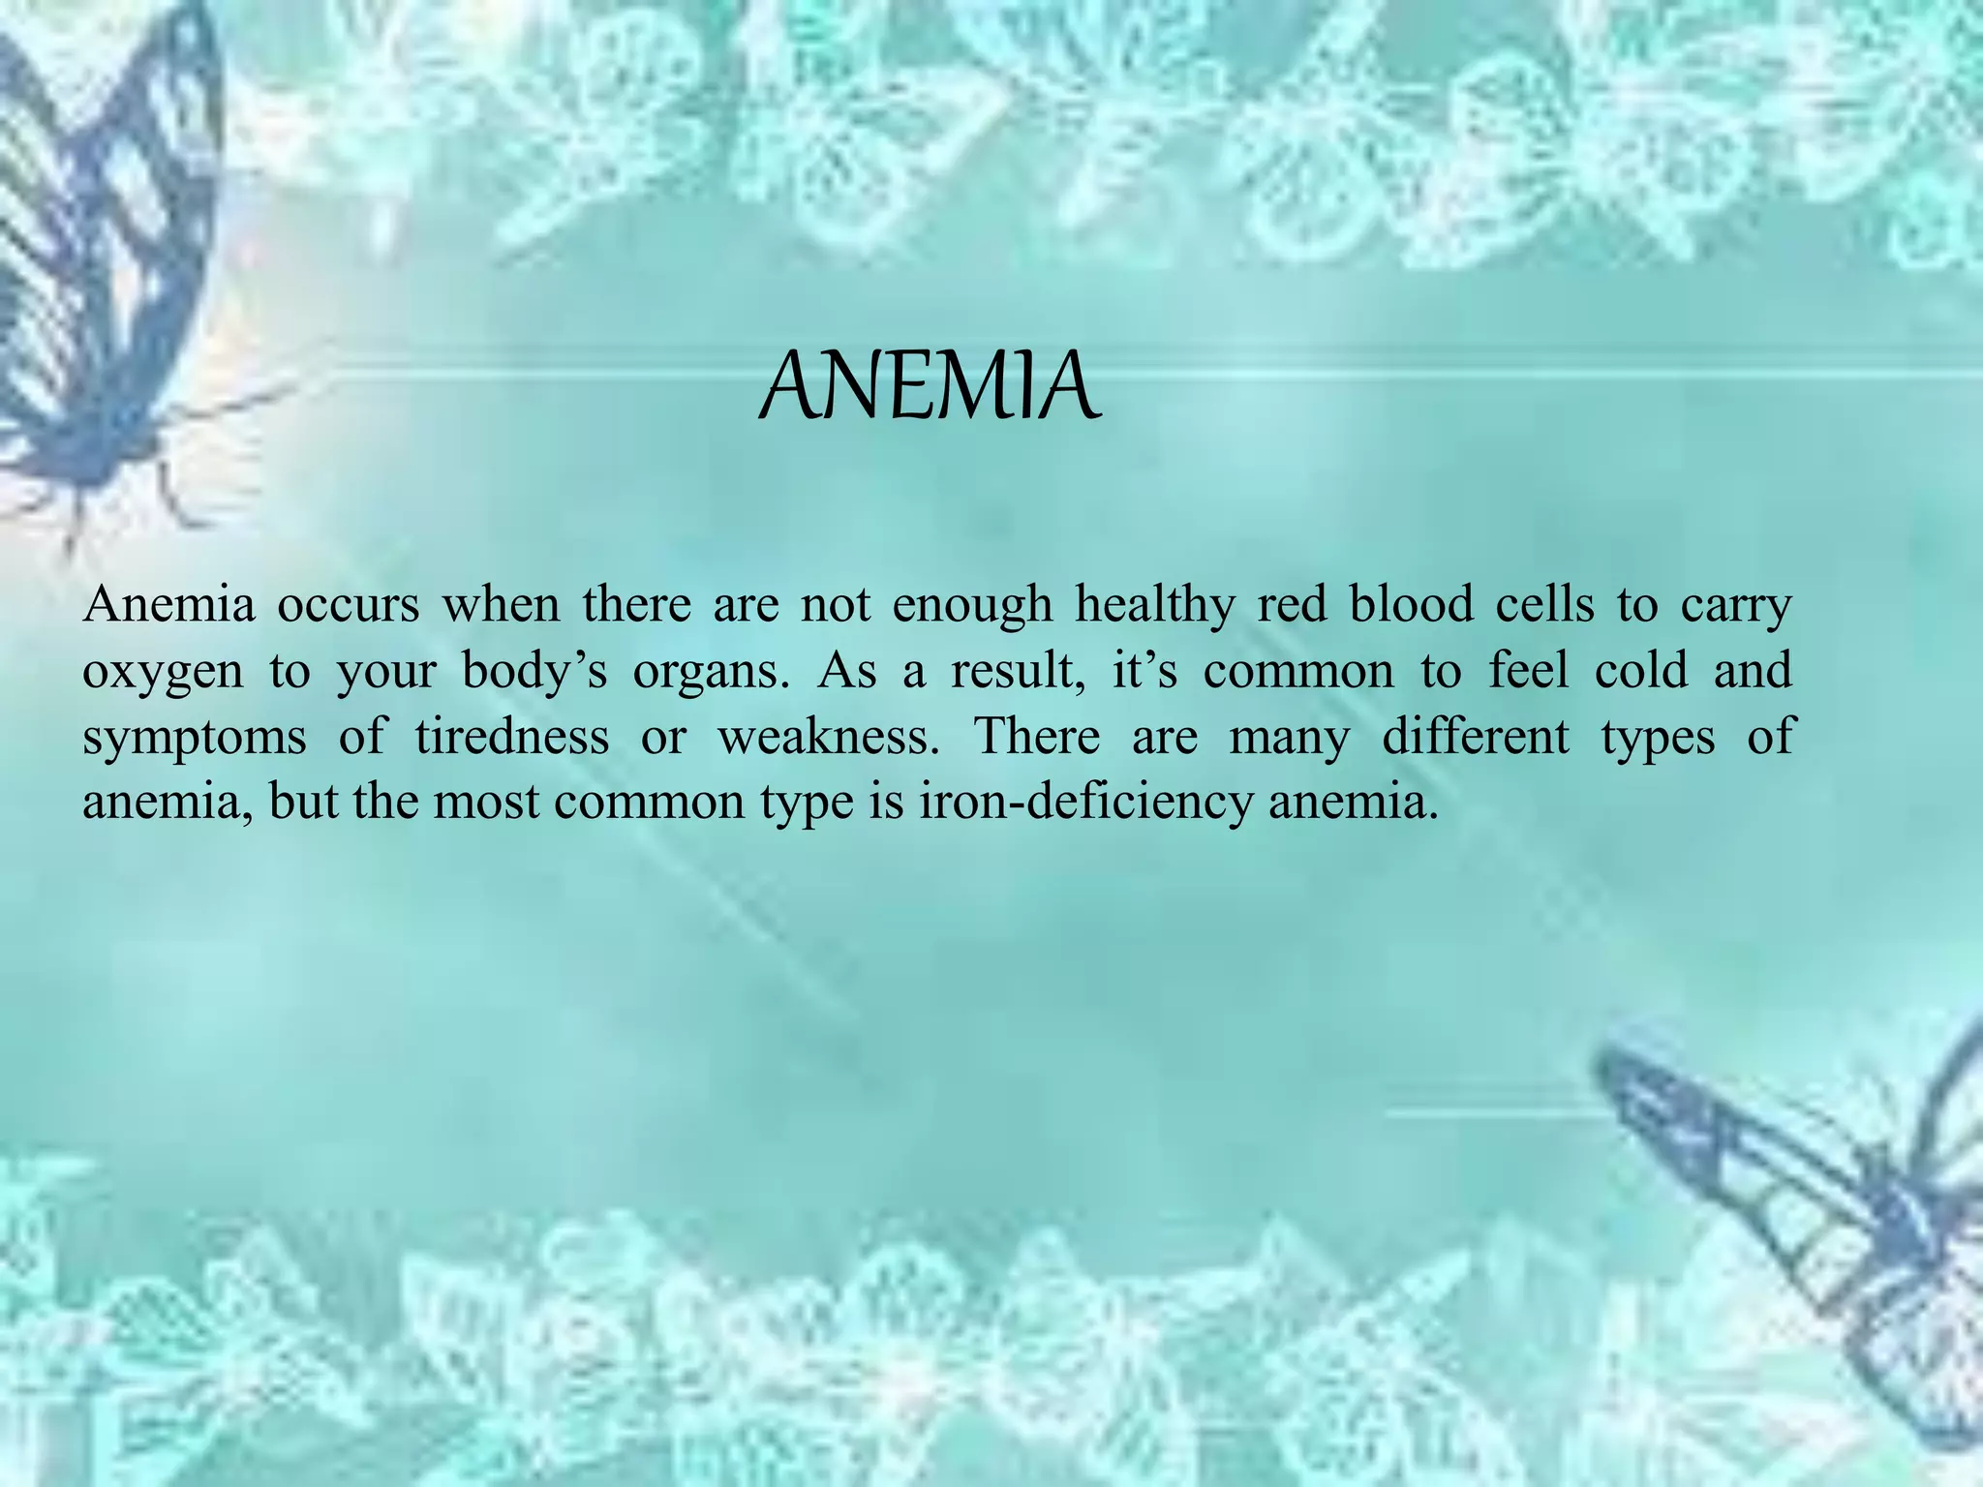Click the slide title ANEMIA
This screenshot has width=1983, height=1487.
click(x=930, y=387)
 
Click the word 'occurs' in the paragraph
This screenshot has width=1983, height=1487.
click(x=349, y=606)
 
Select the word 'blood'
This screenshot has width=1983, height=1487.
click(x=1410, y=606)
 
